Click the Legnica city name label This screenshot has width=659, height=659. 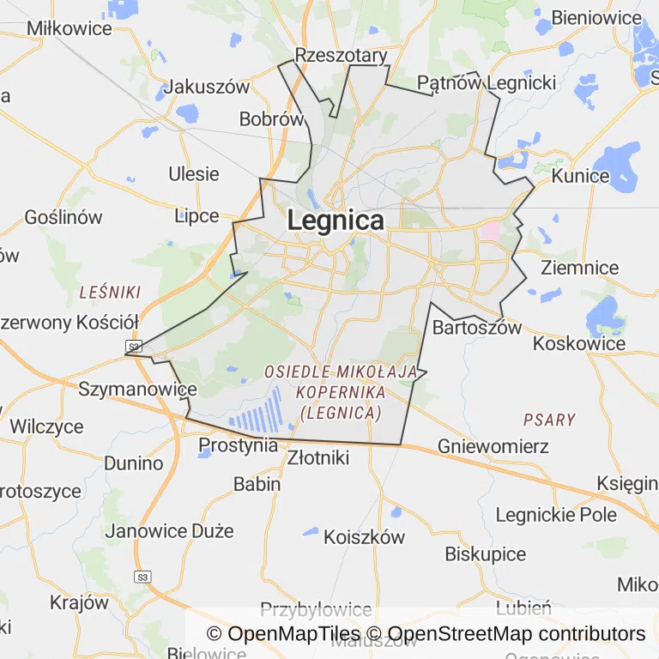pyautogui.click(x=336, y=221)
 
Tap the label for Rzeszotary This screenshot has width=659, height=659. pyautogui.click(x=341, y=56)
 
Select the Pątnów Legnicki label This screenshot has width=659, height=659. pyautogui.click(x=487, y=83)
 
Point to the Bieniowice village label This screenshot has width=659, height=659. pyautogui.click(x=596, y=17)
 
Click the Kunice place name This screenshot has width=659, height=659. pyautogui.click(x=580, y=176)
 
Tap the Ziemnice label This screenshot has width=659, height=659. pyautogui.click(x=579, y=268)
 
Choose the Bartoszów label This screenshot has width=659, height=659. pyautogui.click(x=477, y=327)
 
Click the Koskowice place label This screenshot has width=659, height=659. pyautogui.click(x=579, y=343)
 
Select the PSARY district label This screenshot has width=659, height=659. pyautogui.click(x=549, y=420)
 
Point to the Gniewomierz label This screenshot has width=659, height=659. pyautogui.click(x=493, y=446)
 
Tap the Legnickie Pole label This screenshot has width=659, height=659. pyautogui.click(x=556, y=515)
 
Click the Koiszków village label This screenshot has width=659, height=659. pyautogui.click(x=364, y=538)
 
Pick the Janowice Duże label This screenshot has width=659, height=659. pyautogui.click(x=169, y=530)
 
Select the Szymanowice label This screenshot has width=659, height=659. pyautogui.click(x=133, y=389)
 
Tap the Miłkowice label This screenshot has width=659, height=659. pyautogui.click(x=69, y=28)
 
